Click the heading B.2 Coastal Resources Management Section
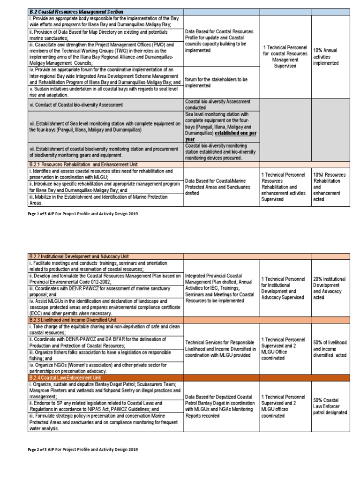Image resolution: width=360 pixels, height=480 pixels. [76, 11]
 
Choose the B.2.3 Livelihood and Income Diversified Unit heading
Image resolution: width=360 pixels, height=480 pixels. [74, 320]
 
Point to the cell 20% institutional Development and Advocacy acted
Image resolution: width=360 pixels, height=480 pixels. [329, 288]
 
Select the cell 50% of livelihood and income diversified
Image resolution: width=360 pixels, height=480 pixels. [330, 349]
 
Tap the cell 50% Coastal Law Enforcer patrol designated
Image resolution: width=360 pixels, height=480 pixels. [330, 406]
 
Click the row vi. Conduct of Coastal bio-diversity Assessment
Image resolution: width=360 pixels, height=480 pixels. [76, 105]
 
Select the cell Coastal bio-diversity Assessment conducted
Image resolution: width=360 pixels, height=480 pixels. [217, 104]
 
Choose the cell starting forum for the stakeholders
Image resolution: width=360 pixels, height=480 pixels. [216, 82]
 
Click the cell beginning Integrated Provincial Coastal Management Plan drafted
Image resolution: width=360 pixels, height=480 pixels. [220, 288]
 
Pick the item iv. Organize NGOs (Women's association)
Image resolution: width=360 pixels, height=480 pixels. [105, 367]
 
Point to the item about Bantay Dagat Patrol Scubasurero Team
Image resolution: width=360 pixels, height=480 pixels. [105, 390]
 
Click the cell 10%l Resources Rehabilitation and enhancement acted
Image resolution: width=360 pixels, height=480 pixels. [330, 187]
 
